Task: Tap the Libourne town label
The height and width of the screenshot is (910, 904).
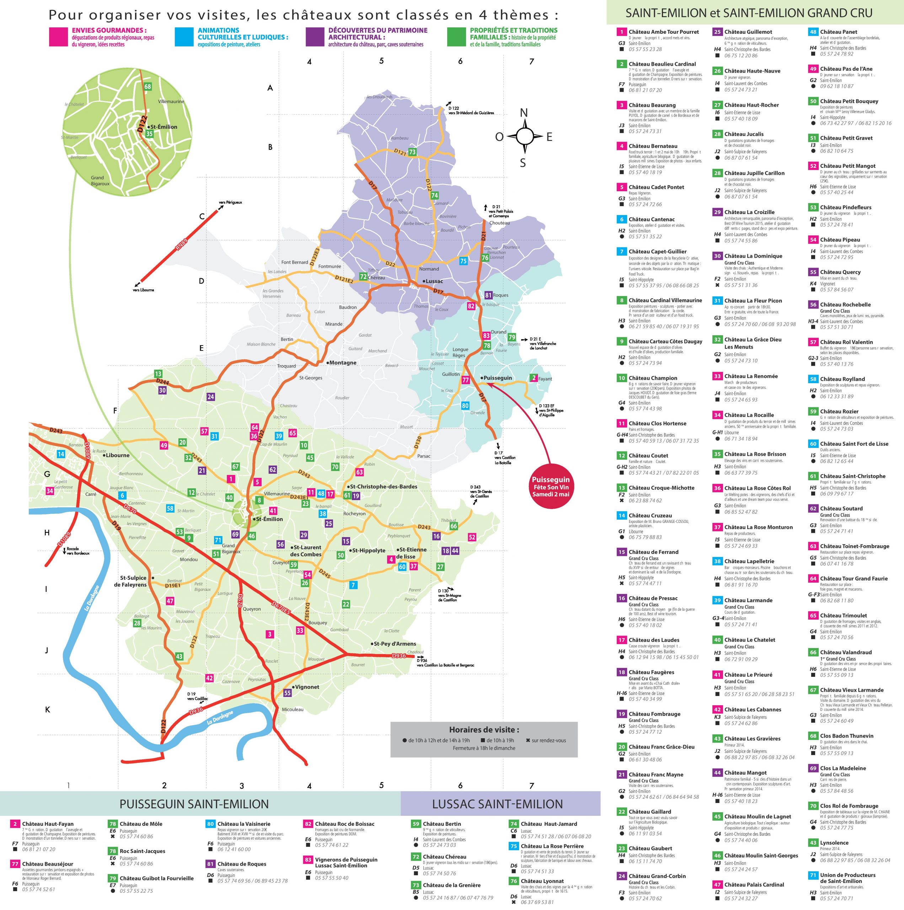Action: coord(117,455)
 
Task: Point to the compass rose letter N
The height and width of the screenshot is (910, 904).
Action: coord(523,113)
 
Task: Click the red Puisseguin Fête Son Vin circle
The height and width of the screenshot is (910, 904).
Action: coord(550,487)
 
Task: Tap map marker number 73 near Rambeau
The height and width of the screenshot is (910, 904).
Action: coord(412,152)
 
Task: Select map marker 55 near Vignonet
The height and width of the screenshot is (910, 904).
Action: coord(287,693)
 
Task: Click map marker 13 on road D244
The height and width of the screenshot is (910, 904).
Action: coord(158,374)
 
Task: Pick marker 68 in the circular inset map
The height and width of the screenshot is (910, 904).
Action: coord(148,87)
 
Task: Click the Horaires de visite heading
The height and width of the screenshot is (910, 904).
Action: coord(484,730)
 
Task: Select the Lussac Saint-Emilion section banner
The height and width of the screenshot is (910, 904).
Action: coord(497,804)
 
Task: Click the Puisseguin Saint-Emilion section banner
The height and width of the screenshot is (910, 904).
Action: coord(194,804)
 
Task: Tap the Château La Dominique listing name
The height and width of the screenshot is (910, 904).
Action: coord(753,256)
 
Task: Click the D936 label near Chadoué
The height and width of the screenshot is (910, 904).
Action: coord(398,655)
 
